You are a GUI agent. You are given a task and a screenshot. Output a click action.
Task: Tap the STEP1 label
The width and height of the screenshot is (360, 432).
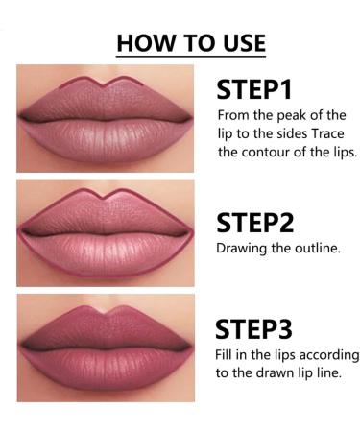253,89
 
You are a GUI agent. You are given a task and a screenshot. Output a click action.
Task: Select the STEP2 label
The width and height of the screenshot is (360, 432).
254,222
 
